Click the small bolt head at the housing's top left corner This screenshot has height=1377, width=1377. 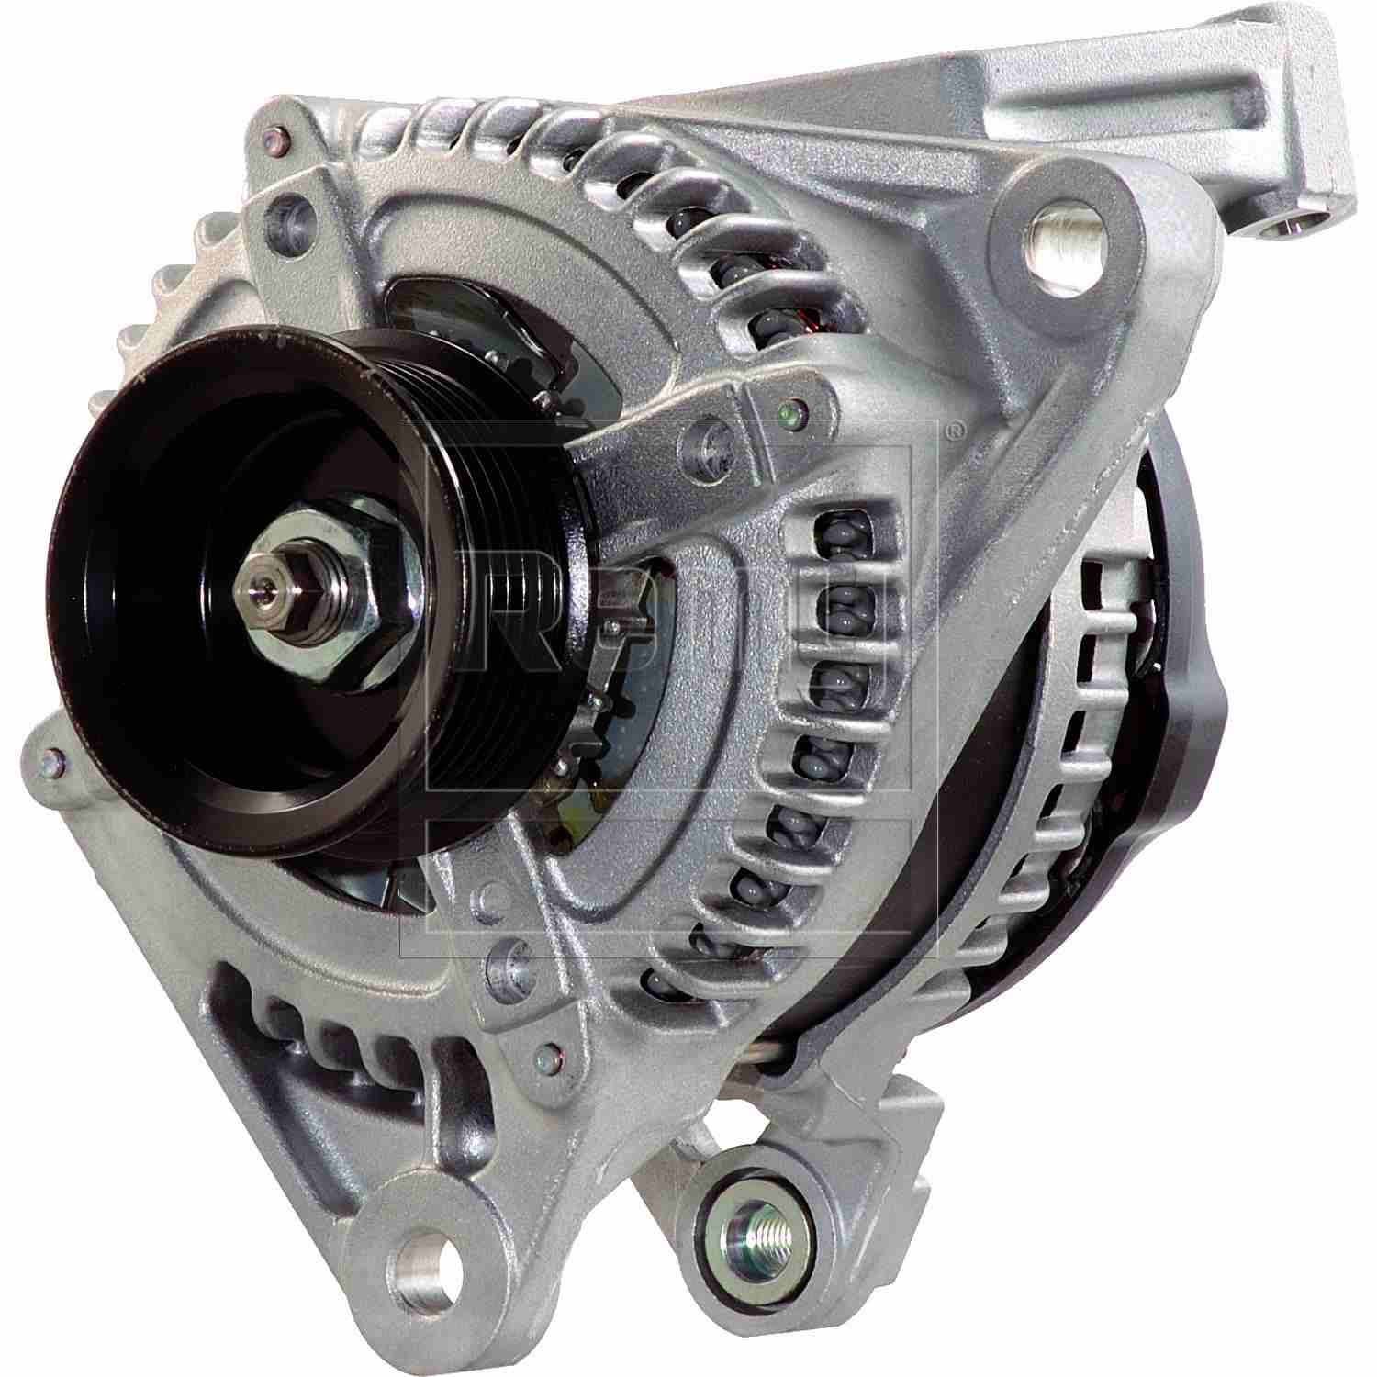pos(274,140)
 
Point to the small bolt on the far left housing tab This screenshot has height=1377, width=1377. pos(50,758)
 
